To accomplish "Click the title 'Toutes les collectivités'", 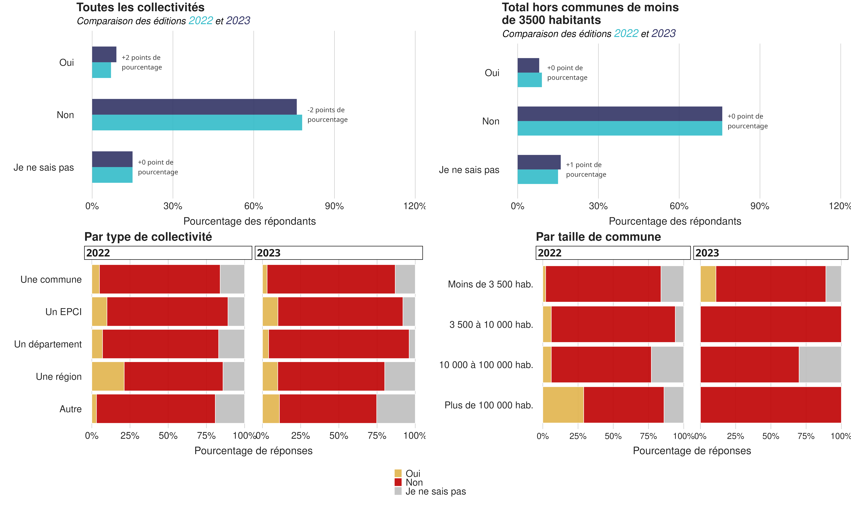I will [x=140, y=7].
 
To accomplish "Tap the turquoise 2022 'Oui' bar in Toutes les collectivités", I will [x=101, y=70].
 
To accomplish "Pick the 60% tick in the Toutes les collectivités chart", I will [x=253, y=206].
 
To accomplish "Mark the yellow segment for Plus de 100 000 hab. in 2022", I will [x=563, y=405].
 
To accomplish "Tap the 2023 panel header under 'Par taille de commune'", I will [x=771, y=253].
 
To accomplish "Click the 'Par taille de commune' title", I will [x=598, y=237].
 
